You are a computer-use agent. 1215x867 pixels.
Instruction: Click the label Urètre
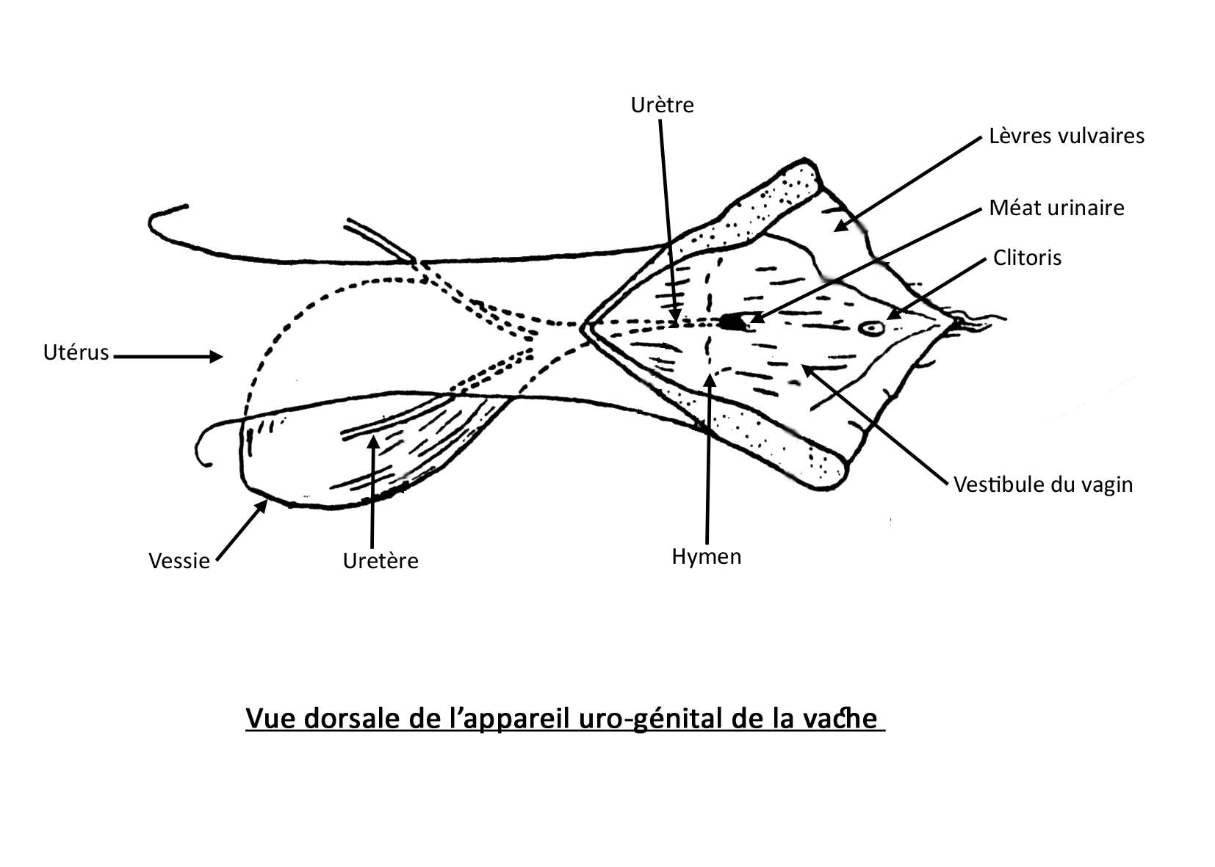click(662, 106)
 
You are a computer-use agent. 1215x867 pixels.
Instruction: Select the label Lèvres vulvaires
click(1067, 136)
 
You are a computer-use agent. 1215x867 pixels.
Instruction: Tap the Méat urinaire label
click(1056, 208)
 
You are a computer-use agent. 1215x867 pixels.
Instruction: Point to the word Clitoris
click(1027, 258)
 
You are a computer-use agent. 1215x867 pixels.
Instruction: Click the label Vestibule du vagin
click(1043, 485)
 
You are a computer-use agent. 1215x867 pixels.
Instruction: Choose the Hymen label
click(707, 556)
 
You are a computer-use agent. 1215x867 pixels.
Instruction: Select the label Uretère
click(381, 561)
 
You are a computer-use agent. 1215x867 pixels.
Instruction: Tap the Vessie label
click(179, 561)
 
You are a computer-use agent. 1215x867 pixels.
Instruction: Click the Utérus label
click(76, 353)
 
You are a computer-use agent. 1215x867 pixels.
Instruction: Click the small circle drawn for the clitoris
click(872, 328)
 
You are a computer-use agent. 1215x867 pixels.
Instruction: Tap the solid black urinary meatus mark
click(731, 322)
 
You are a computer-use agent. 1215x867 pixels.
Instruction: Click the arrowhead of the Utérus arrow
click(217, 357)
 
